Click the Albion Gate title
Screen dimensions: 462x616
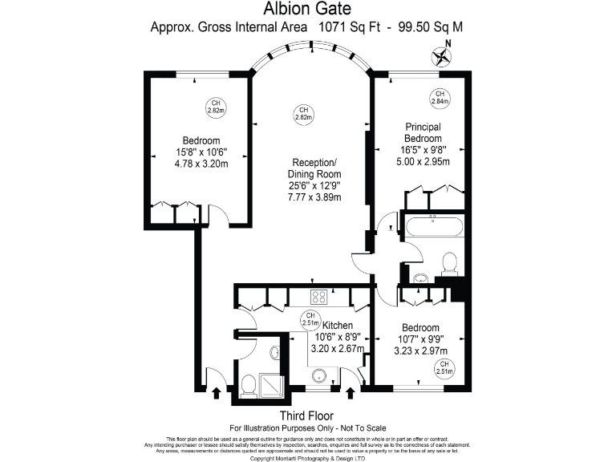point(307,9)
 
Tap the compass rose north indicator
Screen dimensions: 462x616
point(441,55)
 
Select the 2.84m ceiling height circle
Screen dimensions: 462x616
point(440,97)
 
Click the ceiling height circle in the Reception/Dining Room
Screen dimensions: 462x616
point(302,113)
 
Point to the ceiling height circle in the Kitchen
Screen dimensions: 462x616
point(310,319)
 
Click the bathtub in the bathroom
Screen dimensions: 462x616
point(432,225)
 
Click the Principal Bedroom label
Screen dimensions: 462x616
point(423,132)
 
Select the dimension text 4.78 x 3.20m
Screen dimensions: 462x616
point(201,164)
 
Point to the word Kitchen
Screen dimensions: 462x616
point(338,325)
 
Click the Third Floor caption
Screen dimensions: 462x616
point(306,415)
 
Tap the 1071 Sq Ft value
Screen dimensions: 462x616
point(342,26)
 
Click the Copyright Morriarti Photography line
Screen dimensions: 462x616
point(308,458)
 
